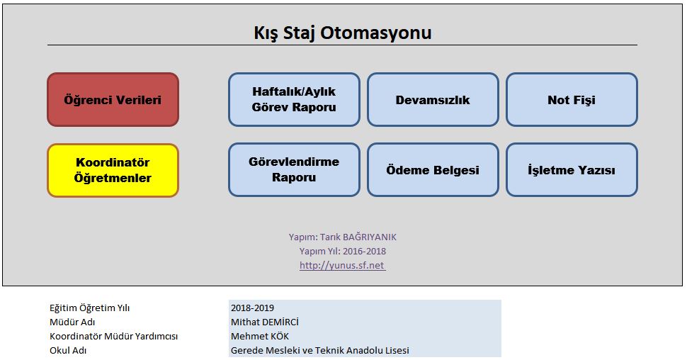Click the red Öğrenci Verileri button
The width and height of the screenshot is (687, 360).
coord(113,99)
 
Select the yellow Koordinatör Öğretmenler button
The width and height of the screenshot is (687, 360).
coord(113,170)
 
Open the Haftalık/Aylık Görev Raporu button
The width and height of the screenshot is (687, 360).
coord(294,99)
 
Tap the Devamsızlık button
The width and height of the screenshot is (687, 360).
coord(433,99)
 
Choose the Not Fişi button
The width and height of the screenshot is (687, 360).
coord(572,99)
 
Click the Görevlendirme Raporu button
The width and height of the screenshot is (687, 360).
coord(294,169)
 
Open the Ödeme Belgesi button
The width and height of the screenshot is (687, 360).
coord(433,169)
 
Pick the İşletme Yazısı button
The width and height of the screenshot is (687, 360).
coord(572,169)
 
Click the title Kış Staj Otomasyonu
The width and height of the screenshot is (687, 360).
coord(343,33)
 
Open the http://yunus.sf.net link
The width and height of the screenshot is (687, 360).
coord(342,265)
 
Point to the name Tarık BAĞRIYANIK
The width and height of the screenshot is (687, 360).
coord(358,237)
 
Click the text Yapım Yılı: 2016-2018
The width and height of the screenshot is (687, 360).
coord(343,252)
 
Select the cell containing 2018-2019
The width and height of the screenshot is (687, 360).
coord(365,308)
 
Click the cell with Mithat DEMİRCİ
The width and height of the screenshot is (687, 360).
coord(365,322)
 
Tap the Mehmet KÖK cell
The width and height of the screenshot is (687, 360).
coord(365,337)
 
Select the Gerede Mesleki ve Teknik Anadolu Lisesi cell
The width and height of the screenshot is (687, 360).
coord(365,350)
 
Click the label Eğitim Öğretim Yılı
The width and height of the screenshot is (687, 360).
coord(89,308)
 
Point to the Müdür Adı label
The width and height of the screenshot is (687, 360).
coord(72,322)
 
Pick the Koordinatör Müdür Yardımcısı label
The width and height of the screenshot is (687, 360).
coord(113,337)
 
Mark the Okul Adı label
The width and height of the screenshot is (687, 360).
coord(68,351)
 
